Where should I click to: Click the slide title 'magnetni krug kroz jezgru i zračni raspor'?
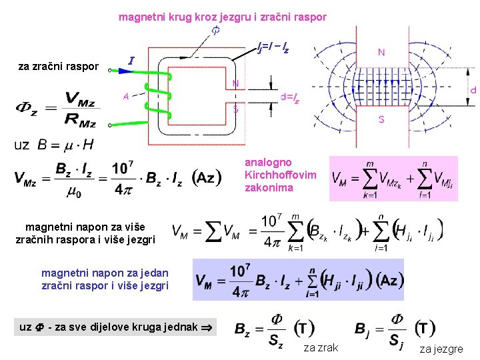click(x=223, y=17)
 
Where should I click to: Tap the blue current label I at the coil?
click(x=132, y=61)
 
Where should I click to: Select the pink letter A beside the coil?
click(x=126, y=95)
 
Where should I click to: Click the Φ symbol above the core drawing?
click(x=215, y=31)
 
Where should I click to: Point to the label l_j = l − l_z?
click(x=273, y=47)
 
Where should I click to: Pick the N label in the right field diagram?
click(x=381, y=52)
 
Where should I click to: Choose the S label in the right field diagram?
click(x=381, y=119)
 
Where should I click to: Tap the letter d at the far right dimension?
click(x=473, y=89)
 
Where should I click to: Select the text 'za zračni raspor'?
click(x=59, y=66)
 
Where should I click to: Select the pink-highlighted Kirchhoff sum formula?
click(x=393, y=178)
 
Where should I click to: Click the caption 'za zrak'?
click(x=321, y=347)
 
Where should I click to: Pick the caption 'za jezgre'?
click(x=441, y=348)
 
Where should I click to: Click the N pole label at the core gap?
click(x=235, y=84)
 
